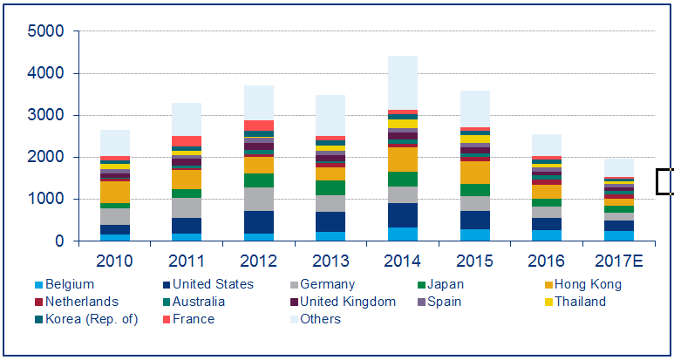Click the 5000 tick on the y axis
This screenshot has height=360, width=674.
[45, 31]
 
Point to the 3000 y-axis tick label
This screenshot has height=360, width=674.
[45, 115]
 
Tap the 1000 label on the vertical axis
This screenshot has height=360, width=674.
[45, 200]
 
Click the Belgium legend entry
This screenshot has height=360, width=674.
[65, 284]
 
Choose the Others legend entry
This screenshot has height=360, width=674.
[321, 319]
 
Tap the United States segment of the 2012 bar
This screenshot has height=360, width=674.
[258, 222]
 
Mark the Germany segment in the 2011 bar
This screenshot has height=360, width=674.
[187, 207]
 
